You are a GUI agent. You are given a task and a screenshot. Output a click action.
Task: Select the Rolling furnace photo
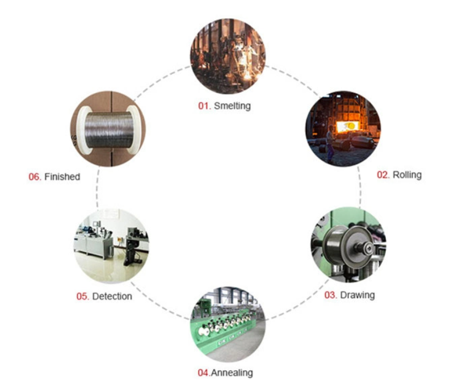point(343,128)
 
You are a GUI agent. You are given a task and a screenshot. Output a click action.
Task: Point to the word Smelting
point(232,106)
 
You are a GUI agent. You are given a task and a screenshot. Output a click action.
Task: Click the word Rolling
point(407,175)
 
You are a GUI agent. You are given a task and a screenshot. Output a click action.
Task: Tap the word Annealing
point(233,373)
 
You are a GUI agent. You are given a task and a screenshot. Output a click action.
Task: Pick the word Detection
point(112,297)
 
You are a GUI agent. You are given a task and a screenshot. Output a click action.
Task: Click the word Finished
point(62,177)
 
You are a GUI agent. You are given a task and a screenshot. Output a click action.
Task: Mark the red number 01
point(204,106)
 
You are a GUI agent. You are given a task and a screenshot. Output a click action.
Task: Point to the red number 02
point(384,175)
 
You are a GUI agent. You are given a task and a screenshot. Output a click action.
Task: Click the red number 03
point(331,295)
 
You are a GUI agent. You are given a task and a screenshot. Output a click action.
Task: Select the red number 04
point(203,373)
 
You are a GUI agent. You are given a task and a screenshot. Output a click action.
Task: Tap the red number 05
point(83,297)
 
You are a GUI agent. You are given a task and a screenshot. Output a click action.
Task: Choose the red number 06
point(35,177)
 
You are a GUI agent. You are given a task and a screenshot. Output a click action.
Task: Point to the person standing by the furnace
point(330,139)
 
